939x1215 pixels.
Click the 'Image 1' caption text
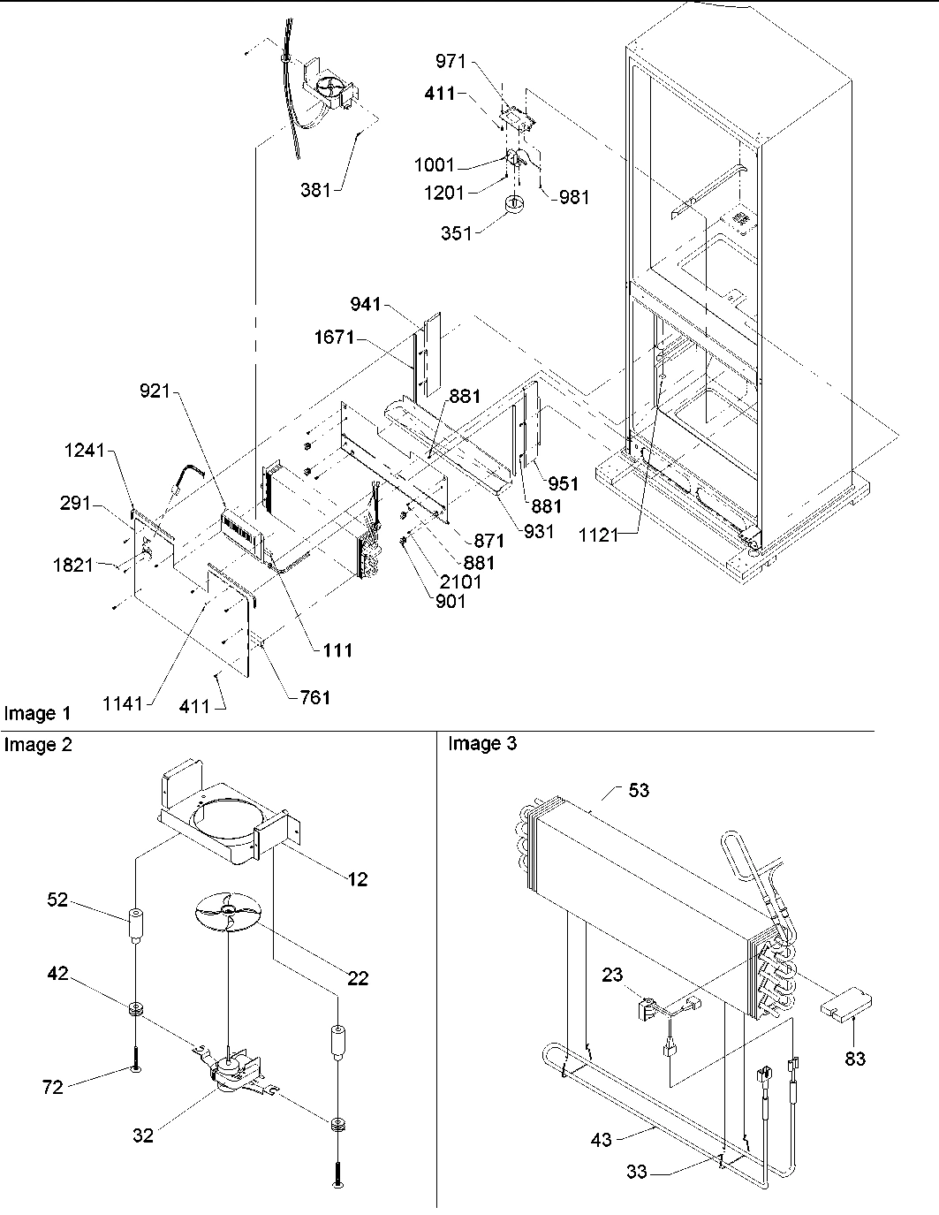coord(37,713)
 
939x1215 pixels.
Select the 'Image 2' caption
coord(37,745)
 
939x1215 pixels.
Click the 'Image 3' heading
coord(482,744)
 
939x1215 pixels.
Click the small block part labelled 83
coord(844,1006)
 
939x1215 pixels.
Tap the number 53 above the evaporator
coord(638,790)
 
